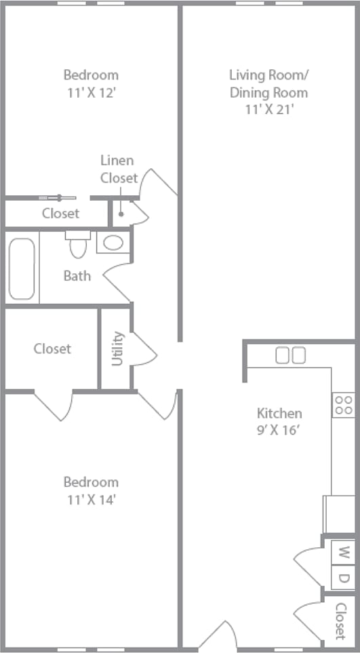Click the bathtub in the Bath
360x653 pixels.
click(22, 269)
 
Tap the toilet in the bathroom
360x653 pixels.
click(78, 245)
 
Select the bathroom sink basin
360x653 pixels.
click(113, 242)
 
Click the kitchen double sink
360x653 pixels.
click(291, 355)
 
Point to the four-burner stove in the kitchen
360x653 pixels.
click(343, 405)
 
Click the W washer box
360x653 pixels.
click(344, 551)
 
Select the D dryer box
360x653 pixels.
click(344, 578)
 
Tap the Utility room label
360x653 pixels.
click(117, 348)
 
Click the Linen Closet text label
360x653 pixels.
click(118, 170)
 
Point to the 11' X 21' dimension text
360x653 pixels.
click(268, 109)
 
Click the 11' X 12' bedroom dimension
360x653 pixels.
click(91, 92)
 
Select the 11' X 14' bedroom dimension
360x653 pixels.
click(91, 500)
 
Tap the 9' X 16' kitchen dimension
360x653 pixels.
click(279, 429)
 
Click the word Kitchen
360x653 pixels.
click(279, 413)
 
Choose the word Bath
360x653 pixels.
click(77, 275)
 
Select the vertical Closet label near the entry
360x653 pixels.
click(341, 621)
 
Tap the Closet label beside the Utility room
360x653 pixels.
click(52, 349)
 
